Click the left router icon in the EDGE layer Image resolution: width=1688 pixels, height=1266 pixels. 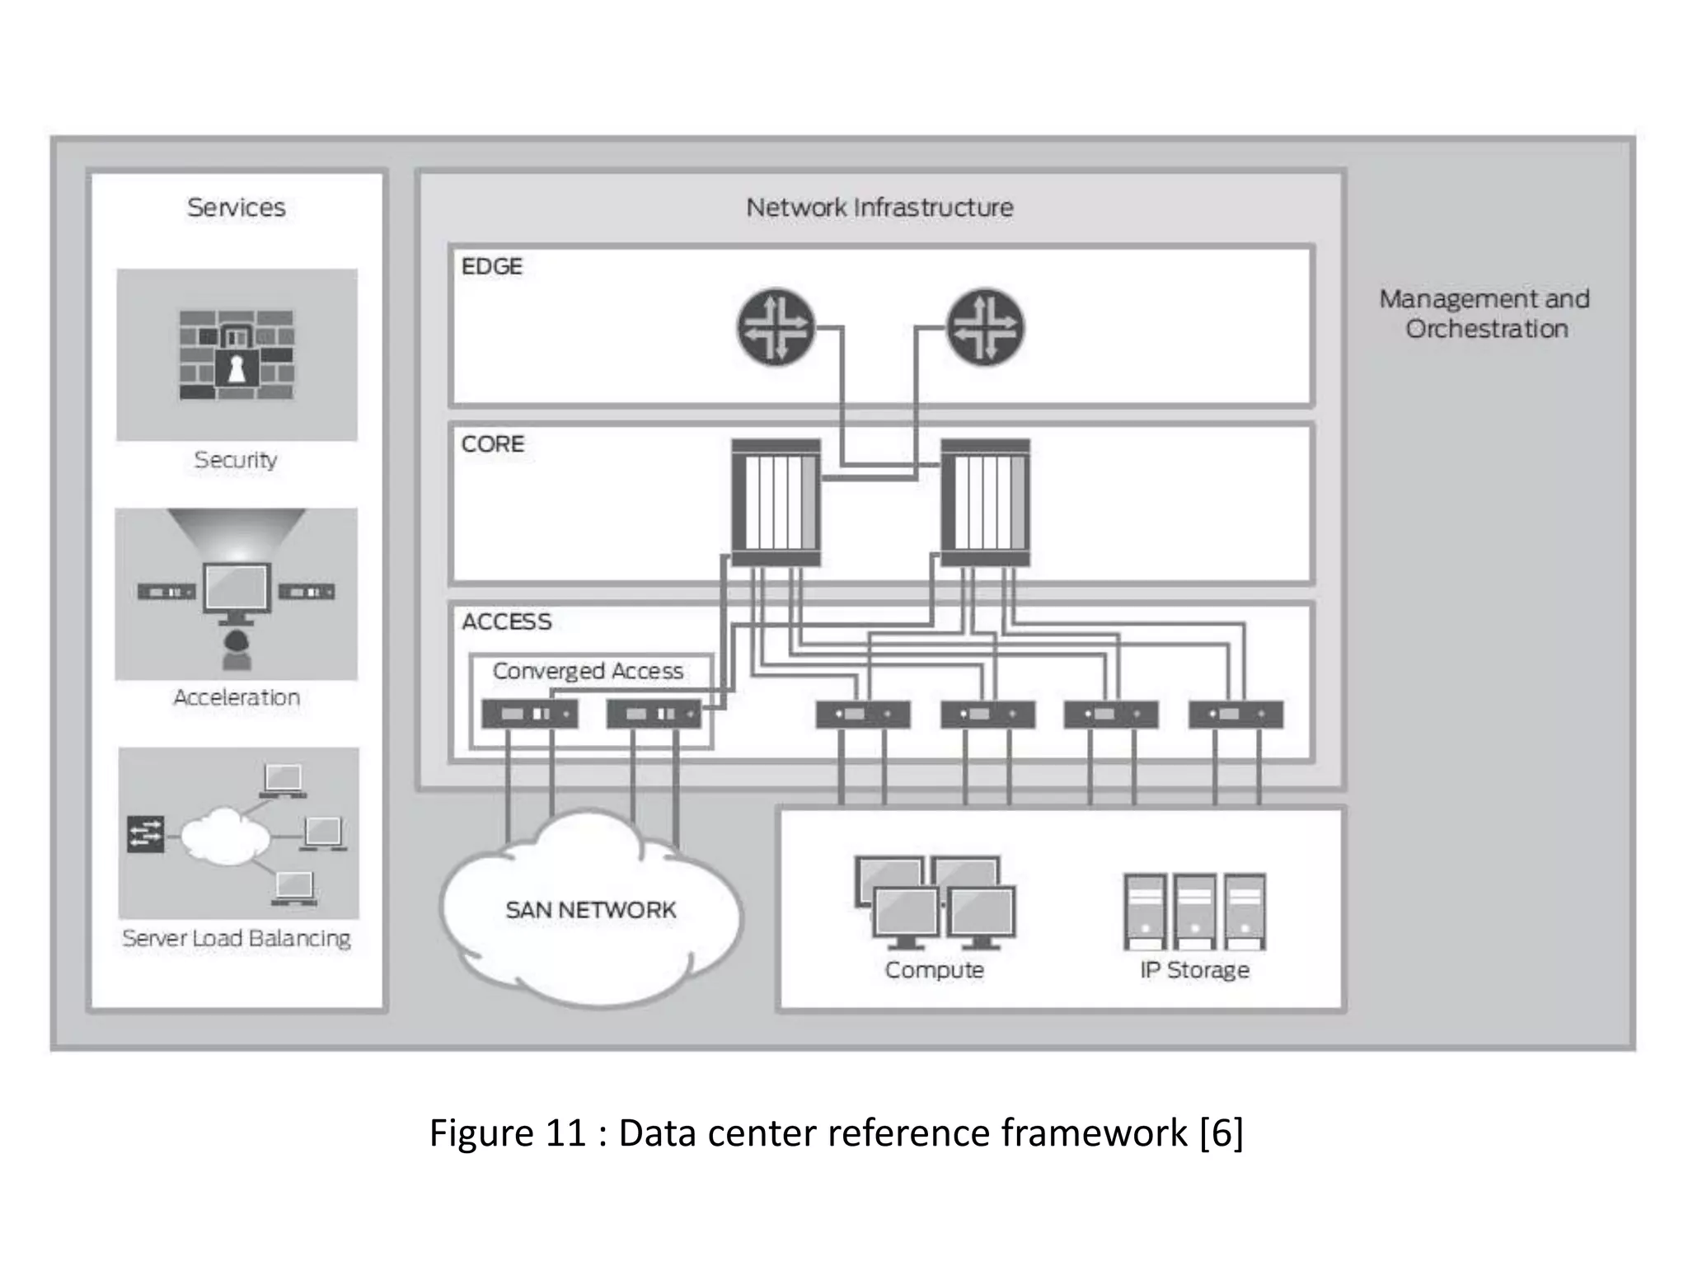pos(775,328)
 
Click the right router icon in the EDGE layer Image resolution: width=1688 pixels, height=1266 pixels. pos(984,328)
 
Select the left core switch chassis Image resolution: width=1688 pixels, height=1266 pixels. pos(776,502)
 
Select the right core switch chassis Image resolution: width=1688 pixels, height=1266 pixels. pos(985,502)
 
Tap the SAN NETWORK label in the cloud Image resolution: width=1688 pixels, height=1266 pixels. pos(590,910)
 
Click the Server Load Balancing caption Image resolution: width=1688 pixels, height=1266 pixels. pos(237,938)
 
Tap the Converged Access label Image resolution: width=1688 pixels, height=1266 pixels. pos(588,671)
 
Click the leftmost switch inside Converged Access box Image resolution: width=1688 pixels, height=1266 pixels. pos(529,714)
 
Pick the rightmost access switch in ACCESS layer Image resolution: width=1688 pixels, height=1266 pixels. pos(1236,714)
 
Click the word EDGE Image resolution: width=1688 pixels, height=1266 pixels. pos(491,266)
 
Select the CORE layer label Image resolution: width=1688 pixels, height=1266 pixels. pos(492,444)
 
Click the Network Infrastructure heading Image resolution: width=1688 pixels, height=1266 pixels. pos(879,207)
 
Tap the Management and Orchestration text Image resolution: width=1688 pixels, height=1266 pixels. pos(1485,313)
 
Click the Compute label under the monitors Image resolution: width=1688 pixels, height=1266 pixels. pos(934,969)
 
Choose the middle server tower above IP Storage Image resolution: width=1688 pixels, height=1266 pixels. pos(1194,912)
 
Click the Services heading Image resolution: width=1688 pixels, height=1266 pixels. pos(237,207)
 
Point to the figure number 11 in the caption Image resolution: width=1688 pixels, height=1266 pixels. pos(565,1132)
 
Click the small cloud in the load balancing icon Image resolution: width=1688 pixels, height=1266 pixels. pos(224,837)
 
